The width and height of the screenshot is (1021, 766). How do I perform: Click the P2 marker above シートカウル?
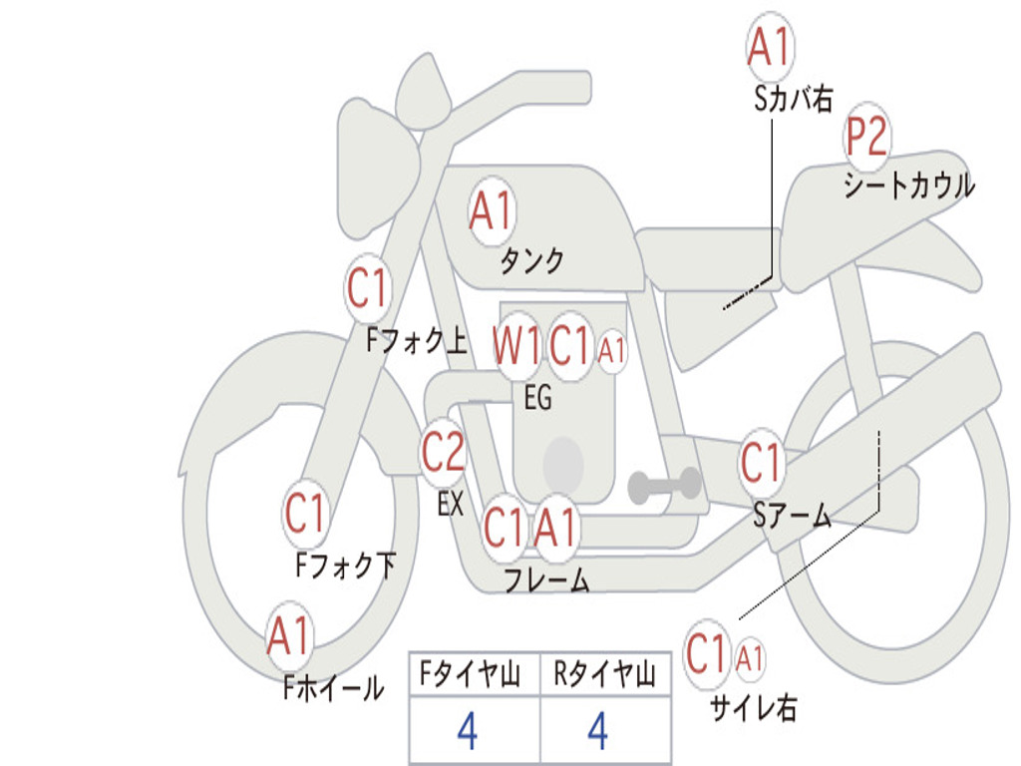pyautogui.click(x=866, y=137)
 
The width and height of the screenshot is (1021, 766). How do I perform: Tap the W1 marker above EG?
pyautogui.click(x=516, y=345)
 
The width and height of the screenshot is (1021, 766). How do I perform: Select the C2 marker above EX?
pyautogui.click(x=443, y=453)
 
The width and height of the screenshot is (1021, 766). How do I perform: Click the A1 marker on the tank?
pyautogui.click(x=493, y=211)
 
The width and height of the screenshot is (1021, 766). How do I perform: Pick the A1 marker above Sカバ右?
pyautogui.click(x=771, y=47)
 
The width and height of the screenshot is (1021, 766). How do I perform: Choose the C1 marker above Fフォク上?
pyautogui.click(x=368, y=288)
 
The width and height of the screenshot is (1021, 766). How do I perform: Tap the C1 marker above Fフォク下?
pyautogui.click(x=306, y=513)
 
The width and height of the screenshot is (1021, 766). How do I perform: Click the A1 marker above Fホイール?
pyautogui.click(x=289, y=635)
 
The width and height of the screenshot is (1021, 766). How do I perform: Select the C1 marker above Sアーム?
pyautogui.click(x=761, y=463)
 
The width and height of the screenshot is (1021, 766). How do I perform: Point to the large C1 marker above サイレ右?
pyautogui.click(x=707, y=653)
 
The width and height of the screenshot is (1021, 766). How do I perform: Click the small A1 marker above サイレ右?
pyautogui.click(x=750, y=659)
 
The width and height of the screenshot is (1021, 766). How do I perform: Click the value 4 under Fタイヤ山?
pyautogui.click(x=468, y=731)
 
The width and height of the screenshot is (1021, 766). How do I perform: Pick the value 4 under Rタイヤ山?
pyautogui.click(x=598, y=731)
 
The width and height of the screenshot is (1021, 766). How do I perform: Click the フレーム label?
pyautogui.click(x=547, y=579)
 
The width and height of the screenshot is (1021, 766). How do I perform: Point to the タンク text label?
pyautogui.click(x=532, y=260)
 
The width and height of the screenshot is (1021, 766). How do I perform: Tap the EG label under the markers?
pyautogui.click(x=538, y=397)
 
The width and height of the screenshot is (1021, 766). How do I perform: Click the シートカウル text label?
pyautogui.click(x=909, y=185)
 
